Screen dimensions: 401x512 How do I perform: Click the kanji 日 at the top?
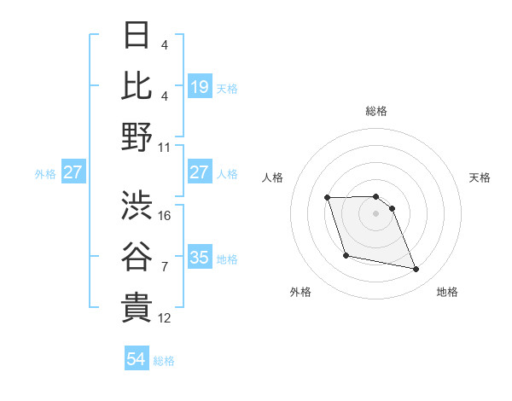(x=137, y=36)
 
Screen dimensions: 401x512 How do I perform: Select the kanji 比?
(x=137, y=85)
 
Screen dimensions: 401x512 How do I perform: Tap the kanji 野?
(x=137, y=137)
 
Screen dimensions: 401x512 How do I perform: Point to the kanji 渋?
(x=137, y=205)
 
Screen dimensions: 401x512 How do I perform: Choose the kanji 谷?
(x=137, y=256)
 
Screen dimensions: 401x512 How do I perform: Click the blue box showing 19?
(x=200, y=86)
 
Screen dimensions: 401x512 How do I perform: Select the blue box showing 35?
(x=200, y=258)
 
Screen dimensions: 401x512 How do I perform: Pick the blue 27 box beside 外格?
(x=73, y=172)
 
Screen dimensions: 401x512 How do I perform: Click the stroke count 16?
(x=166, y=216)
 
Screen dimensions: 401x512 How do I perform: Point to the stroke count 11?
(x=166, y=147)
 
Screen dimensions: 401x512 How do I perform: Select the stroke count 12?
(x=166, y=318)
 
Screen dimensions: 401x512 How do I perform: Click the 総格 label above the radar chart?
(x=376, y=111)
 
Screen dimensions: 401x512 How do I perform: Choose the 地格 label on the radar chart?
(x=447, y=293)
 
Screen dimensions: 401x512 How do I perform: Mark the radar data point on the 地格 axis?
(x=416, y=270)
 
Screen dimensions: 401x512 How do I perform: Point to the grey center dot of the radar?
(x=376, y=213)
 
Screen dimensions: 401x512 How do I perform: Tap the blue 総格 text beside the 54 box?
(x=164, y=361)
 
